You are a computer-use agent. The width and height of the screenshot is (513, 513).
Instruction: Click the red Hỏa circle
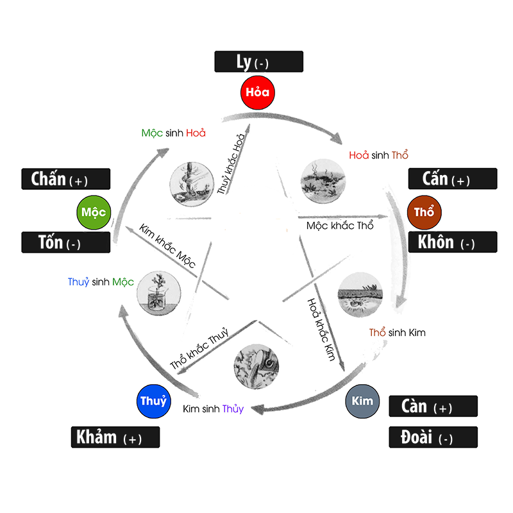(x=258, y=92)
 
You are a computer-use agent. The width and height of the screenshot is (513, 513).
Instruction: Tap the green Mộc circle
(x=94, y=212)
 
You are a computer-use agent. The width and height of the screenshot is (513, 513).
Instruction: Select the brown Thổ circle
(x=425, y=212)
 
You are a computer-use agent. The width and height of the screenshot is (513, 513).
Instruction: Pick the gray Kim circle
(x=362, y=401)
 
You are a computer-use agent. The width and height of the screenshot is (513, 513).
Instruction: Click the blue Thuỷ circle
(x=154, y=401)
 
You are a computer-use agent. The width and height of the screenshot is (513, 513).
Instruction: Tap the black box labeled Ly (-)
(x=258, y=62)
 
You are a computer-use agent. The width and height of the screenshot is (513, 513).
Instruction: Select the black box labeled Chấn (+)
(x=66, y=179)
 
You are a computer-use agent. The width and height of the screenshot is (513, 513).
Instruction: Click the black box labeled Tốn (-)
(x=66, y=242)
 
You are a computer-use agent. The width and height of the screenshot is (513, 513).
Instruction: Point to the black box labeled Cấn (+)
(x=452, y=178)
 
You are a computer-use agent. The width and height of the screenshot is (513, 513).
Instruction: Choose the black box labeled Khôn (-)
(x=452, y=242)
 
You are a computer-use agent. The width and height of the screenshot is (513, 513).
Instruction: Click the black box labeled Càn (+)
(x=433, y=406)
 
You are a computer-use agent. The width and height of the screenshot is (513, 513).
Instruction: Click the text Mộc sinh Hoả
(x=173, y=133)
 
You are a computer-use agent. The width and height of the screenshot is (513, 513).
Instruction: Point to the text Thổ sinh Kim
(x=397, y=333)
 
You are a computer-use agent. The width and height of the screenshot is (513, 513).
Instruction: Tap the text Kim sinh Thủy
(x=214, y=408)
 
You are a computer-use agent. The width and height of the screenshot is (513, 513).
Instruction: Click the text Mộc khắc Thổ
(x=340, y=226)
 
